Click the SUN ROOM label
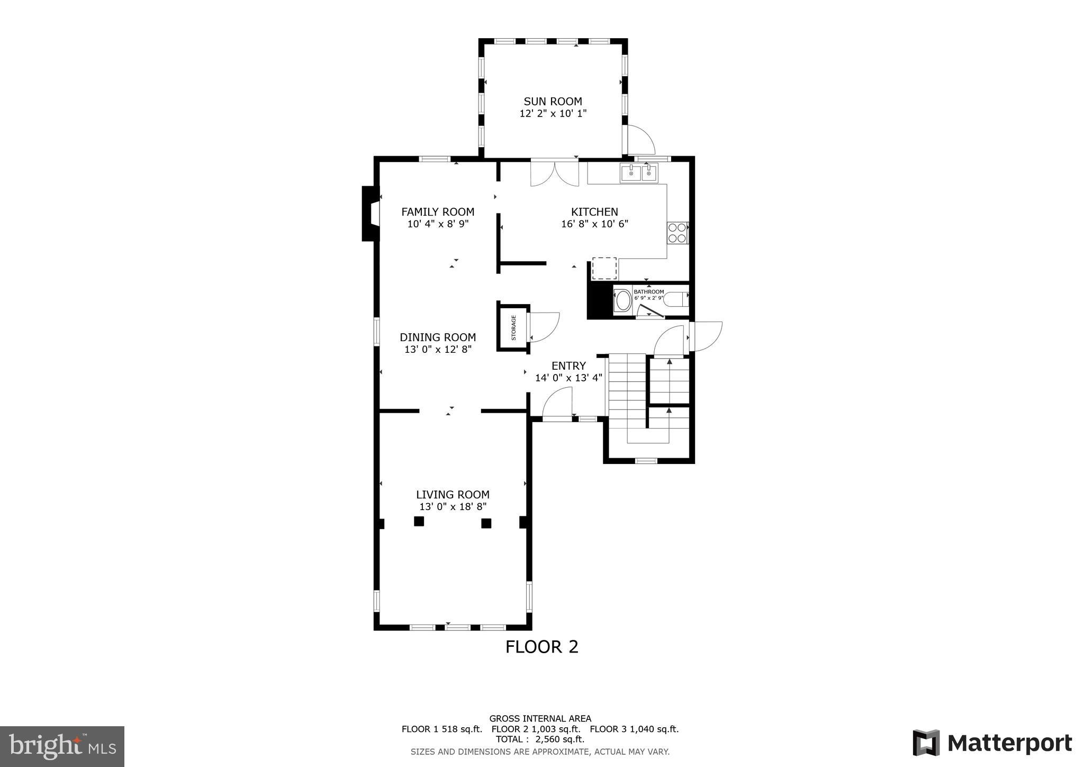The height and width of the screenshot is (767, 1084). point(553,101)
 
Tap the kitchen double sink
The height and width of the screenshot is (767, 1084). point(639,173)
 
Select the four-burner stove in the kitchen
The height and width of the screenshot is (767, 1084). point(677,233)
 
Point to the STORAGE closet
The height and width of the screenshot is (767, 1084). point(513,328)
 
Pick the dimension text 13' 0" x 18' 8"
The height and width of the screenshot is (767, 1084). point(453,507)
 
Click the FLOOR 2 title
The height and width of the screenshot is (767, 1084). point(541,647)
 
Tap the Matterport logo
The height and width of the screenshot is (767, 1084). point(992,743)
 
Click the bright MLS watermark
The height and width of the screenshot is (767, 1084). point(62,746)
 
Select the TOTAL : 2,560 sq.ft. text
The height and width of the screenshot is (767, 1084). point(540,739)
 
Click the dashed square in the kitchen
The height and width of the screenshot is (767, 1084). point(604,268)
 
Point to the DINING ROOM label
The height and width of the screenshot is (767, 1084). point(438,337)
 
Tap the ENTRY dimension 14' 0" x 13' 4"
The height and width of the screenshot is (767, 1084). point(568,378)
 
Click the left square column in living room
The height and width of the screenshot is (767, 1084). point(419,521)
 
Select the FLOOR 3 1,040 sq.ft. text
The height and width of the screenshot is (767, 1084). point(634,729)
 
